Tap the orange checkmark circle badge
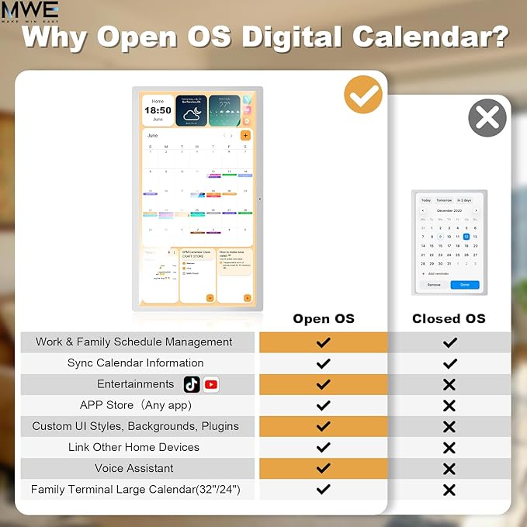363,95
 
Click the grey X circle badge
487,118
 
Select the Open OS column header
324,318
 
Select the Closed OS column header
449,318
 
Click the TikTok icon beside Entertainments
192,384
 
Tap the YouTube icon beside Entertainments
210,384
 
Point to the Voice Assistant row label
134,468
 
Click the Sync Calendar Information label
136,362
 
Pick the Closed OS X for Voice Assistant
449,469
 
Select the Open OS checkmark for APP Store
324,405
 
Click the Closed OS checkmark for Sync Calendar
449,363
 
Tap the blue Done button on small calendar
464,285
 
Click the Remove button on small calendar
434,285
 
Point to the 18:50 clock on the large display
158,110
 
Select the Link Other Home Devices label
133,447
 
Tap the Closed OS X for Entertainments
449,384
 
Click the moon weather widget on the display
191,112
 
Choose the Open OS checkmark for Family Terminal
324,490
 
